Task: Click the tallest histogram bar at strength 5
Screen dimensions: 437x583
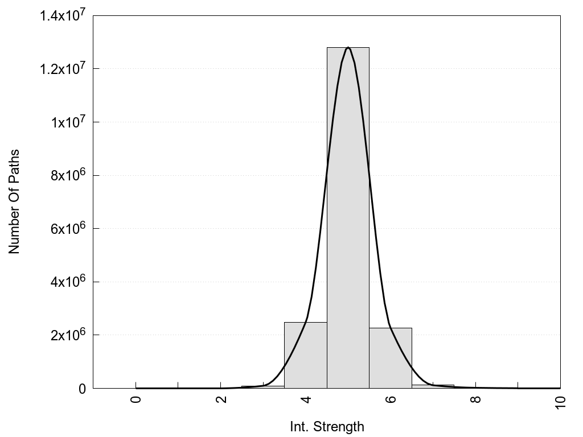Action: click(x=348, y=216)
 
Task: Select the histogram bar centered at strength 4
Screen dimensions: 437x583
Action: click(x=305, y=355)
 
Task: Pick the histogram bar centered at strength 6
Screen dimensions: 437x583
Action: click(x=391, y=358)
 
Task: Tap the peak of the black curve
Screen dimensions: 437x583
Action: click(x=348, y=48)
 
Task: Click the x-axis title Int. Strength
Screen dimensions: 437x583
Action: click(x=327, y=426)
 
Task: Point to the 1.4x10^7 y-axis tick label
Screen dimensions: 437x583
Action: click(x=63, y=16)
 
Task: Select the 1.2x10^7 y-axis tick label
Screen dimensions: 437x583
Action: click(x=63, y=69)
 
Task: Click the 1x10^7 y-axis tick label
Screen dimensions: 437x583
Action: click(x=67, y=122)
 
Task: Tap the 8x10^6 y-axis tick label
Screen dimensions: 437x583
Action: click(x=67, y=175)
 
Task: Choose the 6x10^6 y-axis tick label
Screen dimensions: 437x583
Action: click(x=67, y=229)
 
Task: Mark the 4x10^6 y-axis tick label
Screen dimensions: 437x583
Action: click(x=67, y=282)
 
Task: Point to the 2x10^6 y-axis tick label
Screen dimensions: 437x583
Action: click(x=67, y=335)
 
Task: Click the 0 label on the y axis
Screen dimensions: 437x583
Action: click(x=82, y=389)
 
